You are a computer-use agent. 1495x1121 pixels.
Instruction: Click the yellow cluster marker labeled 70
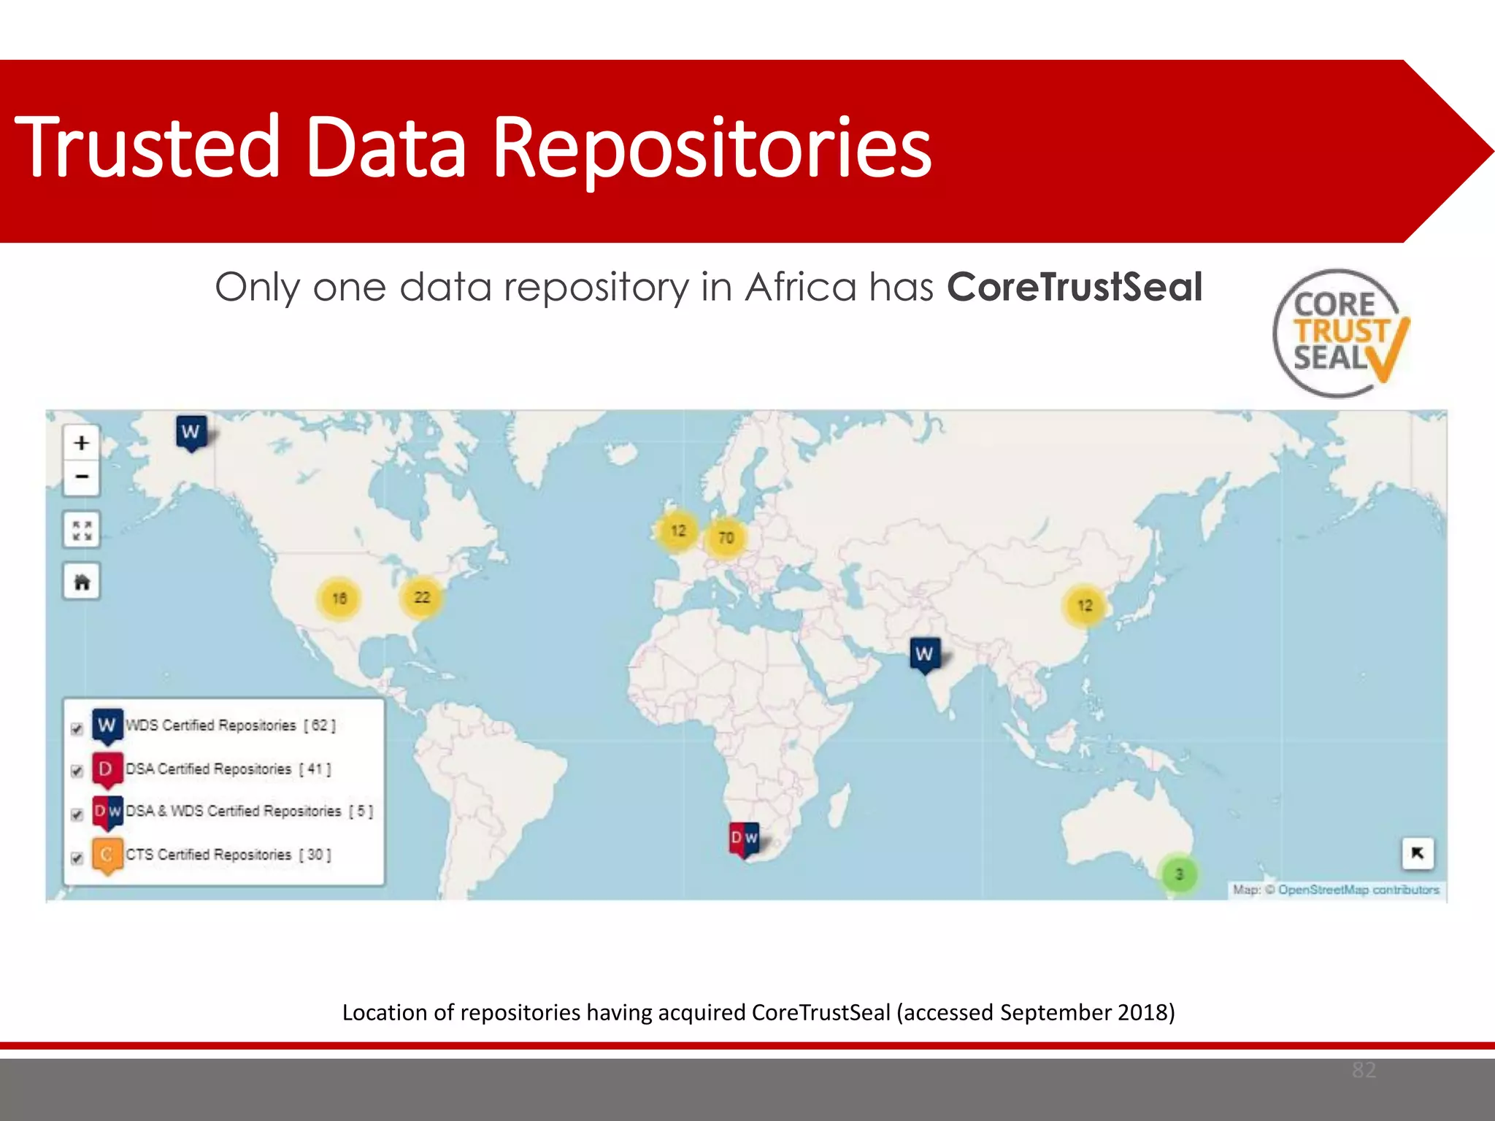tap(726, 538)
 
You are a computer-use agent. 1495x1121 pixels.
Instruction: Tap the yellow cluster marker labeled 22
tap(422, 597)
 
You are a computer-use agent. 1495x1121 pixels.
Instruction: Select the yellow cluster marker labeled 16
tap(339, 598)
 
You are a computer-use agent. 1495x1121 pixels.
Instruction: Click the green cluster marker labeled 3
tap(1178, 874)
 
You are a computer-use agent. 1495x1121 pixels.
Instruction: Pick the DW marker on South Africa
tap(744, 838)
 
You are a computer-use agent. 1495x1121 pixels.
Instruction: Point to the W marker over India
tap(924, 653)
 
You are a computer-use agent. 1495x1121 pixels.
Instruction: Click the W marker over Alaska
tap(191, 431)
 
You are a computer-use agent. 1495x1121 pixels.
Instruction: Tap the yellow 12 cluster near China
tap(1085, 605)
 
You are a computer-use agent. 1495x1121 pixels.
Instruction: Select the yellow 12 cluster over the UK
tap(678, 531)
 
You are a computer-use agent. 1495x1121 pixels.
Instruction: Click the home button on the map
tap(82, 582)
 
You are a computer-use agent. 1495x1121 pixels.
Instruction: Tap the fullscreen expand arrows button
tap(82, 531)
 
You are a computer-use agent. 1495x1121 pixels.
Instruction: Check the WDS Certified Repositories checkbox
tap(77, 729)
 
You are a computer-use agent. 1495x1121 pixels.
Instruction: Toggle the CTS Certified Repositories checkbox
tap(77, 858)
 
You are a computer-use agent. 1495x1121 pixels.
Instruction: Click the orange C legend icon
tap(107, 854)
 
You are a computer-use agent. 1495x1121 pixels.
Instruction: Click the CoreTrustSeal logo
tap(1340, 334)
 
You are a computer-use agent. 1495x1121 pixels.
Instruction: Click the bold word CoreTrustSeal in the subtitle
tap(1074, 287)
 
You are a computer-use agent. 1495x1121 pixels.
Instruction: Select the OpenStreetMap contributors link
tap(1358, 890)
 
